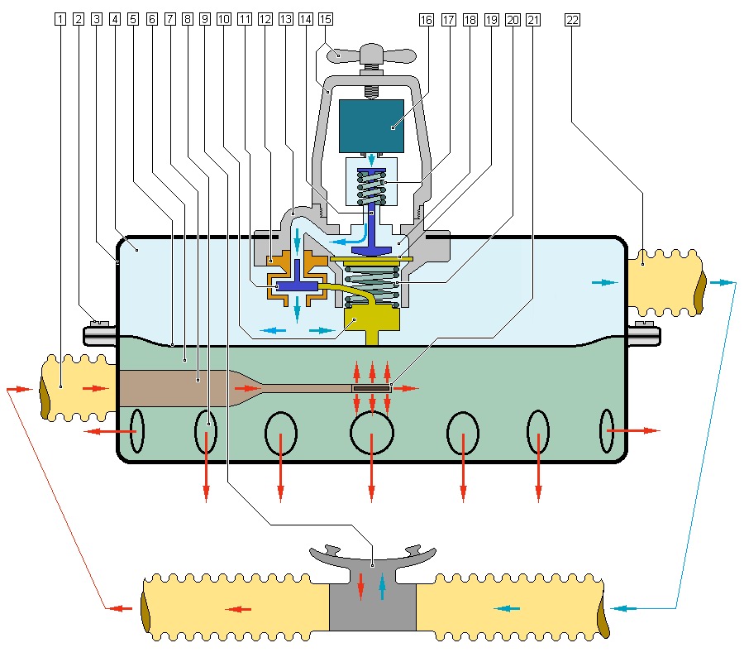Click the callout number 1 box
coord(60,18)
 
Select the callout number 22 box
coord(572,18)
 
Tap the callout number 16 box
coord(427,18)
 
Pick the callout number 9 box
coord(205,18)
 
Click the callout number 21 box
coord(533,18)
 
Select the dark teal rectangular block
coord(371,126)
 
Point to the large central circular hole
coord(371,431)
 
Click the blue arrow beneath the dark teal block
coord(371,159)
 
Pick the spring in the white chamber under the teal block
coord(371,187)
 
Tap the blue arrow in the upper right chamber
coord(604,282)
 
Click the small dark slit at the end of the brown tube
coord(371,387)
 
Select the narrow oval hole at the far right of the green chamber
coord(607,431)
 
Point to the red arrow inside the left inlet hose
coord(96,387)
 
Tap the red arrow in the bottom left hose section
coord(239,609)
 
